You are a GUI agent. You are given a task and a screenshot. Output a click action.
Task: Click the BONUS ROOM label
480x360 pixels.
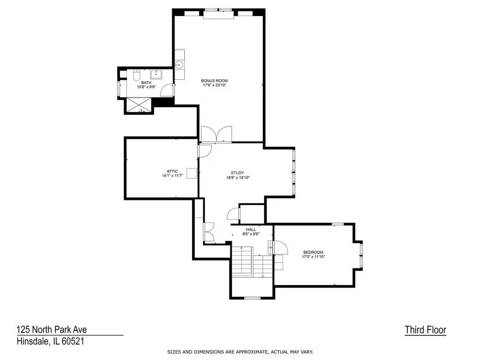pyautogui.click(x=214, y=81)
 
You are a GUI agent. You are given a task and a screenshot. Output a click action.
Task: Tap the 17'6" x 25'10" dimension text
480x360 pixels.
pyautogui.click(x=214, y=85)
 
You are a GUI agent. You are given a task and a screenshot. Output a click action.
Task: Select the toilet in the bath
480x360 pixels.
pyautogui.click(x=137, y=75)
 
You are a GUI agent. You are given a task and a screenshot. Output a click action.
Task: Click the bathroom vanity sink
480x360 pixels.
pyautogui.click(x=156, y=74)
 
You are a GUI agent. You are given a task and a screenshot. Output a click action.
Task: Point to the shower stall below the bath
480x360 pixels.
pyautogui.click(x=139, y=105)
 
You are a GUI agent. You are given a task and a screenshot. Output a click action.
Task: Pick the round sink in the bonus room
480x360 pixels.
pyautogui.click(x=179, y=65)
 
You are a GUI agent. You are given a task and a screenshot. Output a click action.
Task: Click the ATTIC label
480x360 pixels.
pyautogui.click(x=172, y=171)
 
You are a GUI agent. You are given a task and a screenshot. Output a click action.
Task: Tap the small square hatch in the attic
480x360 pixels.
pyautogui.click(x=191, y=173)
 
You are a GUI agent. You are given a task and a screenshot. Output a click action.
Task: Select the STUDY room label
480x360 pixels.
pyautogui.click(x=237, y=173)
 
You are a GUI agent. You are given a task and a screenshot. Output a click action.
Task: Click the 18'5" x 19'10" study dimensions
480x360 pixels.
pyautogui.click(x=238, y=177)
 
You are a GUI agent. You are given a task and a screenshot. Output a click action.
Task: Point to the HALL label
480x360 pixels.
pyautogui.click(x=251, y=230)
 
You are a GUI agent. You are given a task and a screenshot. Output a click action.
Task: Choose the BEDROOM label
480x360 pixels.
pyautogui.click(x=313, y=253)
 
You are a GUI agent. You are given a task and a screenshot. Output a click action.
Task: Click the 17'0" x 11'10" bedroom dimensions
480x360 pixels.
pyautogui.click(x=313, y=257)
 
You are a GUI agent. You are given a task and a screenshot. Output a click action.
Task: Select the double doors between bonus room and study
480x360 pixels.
pyautogui.click(x=216, y=134)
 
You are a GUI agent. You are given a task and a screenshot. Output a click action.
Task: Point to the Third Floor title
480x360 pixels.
pyautogui.click(x=426, y=330)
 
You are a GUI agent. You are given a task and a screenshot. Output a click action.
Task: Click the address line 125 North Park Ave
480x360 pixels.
pyautogui.click(x=52, y=329)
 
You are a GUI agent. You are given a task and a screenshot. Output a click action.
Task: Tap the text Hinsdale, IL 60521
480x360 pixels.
pyautogui.click(x=51, y=341)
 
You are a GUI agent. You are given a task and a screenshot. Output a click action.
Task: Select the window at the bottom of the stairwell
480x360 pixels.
pyautogui.click(x=252, y=298)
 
